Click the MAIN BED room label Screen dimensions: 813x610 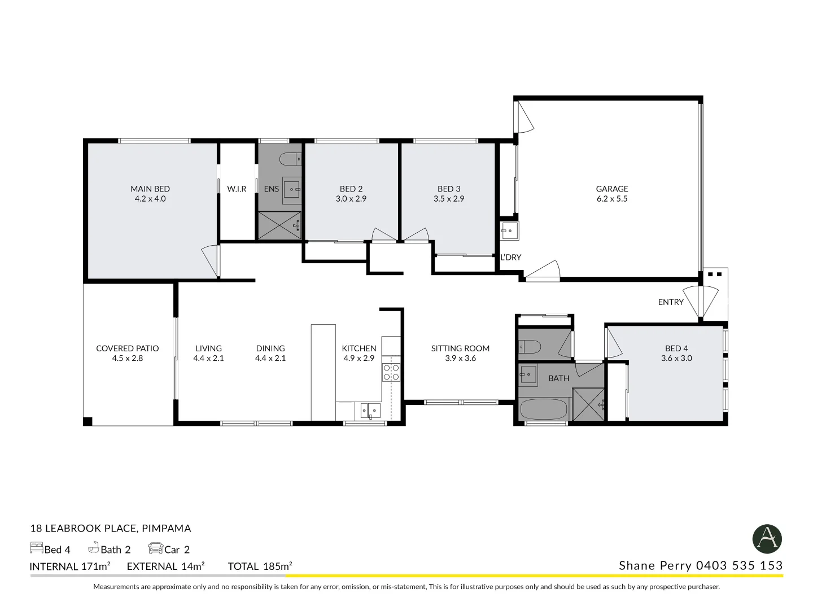[150, 189]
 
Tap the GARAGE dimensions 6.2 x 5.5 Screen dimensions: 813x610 [612, 199]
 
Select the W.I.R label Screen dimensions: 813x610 [237, 189]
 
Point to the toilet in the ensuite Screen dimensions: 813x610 [290, 159]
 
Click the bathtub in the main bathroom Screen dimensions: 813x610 [544, 409]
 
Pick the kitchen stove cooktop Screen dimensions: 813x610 [391, 372]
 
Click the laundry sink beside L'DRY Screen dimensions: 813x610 [509, 231]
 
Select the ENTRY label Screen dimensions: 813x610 [671, 302]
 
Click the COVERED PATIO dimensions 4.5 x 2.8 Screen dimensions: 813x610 [128, 359]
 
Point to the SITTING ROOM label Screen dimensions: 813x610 [460, 348]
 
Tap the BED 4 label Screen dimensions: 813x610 [676, 348]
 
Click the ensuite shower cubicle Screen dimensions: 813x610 [279, 225]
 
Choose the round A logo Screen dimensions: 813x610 [767, 539]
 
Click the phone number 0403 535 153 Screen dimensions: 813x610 [739, 565]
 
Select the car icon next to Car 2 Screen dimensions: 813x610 [156, 548]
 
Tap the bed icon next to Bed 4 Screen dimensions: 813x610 [37, 548]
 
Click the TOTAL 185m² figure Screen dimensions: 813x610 [260, 567]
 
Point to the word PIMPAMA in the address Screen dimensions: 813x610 [167, 528]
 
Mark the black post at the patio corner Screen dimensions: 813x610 [88, 421]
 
